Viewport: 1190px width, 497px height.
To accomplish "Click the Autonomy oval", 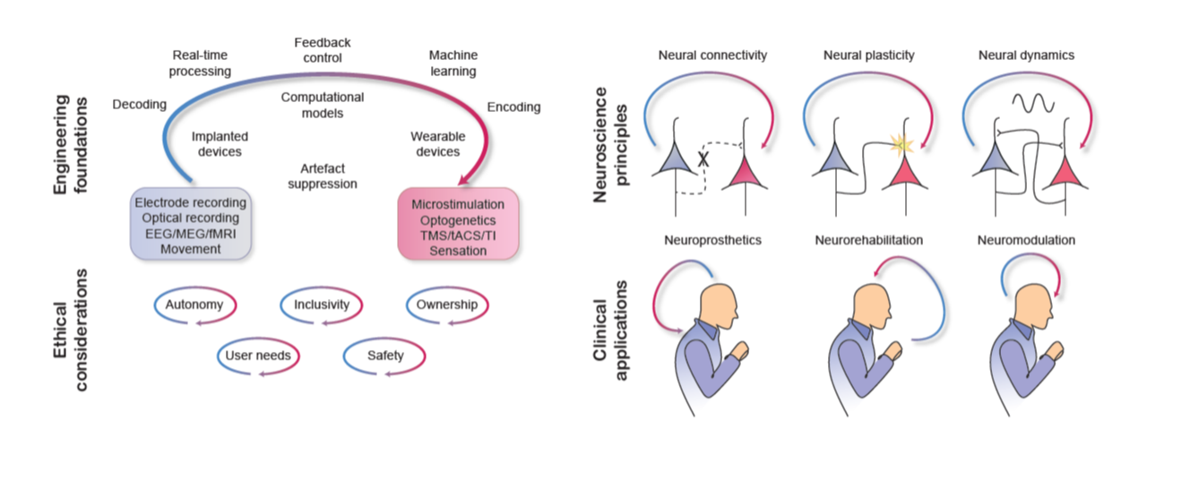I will pyautogui.click(x=194, y=305).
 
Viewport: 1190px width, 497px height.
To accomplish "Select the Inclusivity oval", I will pyautogui.click(x=321, y=305).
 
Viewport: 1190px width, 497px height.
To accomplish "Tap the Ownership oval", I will pyautogui.click(x=446, y=305).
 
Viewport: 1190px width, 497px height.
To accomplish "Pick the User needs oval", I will pyautogui.click(x=258, y=356).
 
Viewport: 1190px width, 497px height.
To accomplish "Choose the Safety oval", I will pyautogui.click(x=384, y=356).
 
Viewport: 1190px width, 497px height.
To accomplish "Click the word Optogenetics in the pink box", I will pyautogui.click(x=457, y=220).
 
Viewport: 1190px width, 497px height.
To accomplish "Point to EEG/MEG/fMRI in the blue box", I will pyautogui.click(x=190, y=233).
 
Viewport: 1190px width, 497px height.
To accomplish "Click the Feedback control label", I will pyautogui.click(x=323, y=50).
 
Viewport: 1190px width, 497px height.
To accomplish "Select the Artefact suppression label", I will pyautogui.click(x=323, y=176).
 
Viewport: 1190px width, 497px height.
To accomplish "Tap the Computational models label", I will pyautogui.click(x=323, y=105).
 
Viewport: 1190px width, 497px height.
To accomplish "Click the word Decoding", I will pyautogui.click(x=140, y=105).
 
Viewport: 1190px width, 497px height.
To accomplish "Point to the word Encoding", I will pyautogui.click(x=513, y=107).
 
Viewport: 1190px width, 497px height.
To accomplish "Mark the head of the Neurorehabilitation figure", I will pyautogui.click(x=867, y=304).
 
